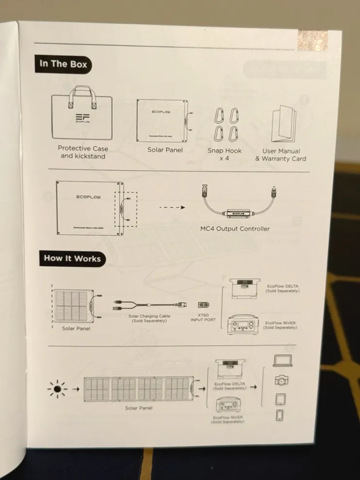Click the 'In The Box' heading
point(63,64)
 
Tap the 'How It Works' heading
point(72,258)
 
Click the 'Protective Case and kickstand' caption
point(83,152)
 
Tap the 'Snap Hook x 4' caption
point(224,154)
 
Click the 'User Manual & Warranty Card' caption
point(284,155)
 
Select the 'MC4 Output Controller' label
point(235,228)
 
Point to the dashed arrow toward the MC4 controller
point(173,207)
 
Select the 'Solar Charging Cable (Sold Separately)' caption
point(149,318)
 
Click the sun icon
point(57,389)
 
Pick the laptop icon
point(282,361)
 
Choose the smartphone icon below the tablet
point(280,415)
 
